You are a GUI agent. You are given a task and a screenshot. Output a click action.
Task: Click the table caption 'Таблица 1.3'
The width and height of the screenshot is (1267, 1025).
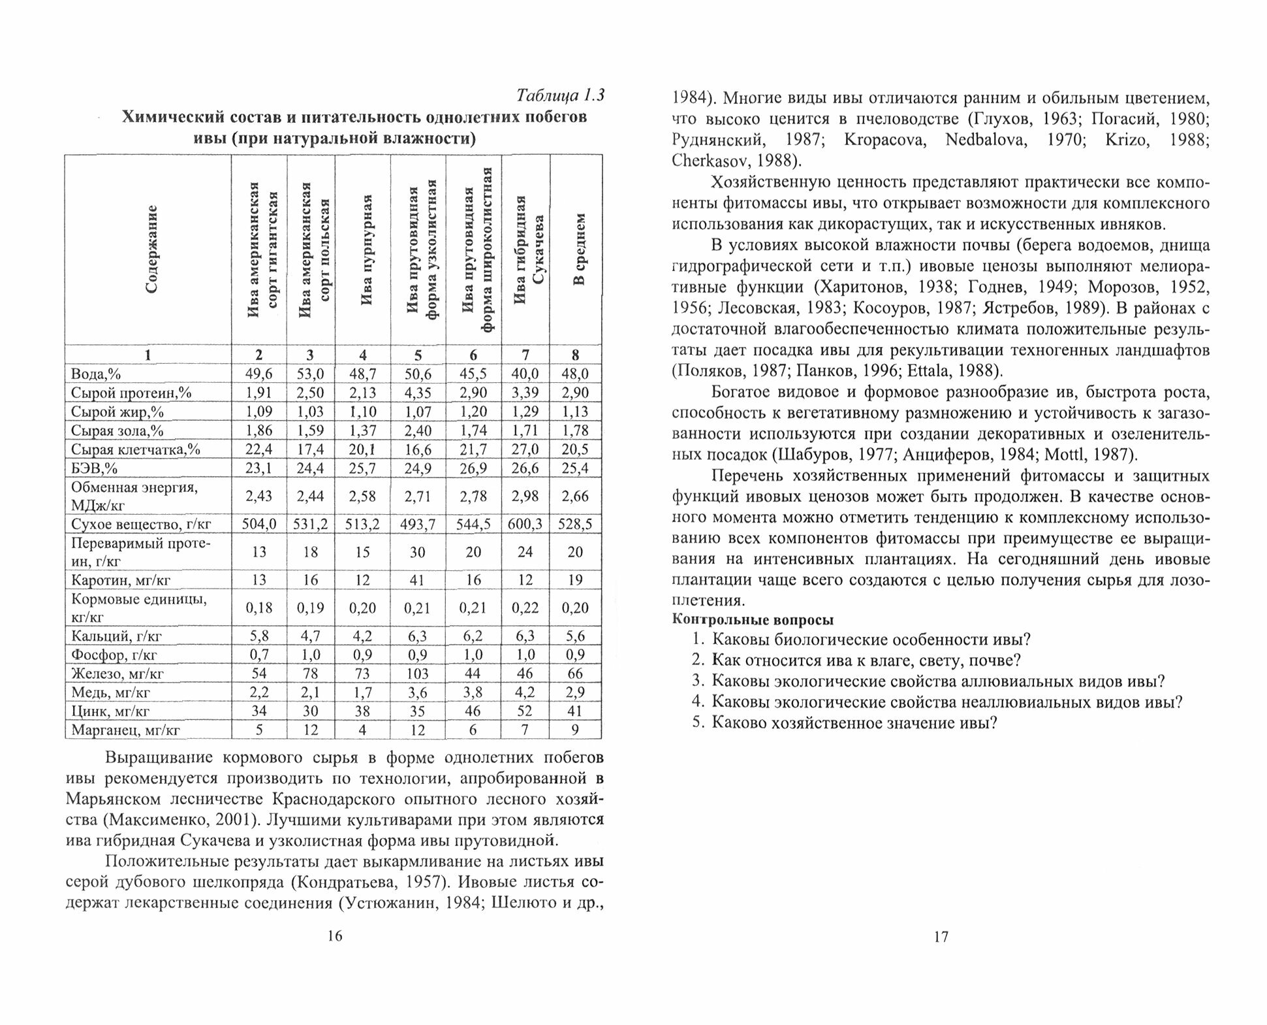(x=560, y=95)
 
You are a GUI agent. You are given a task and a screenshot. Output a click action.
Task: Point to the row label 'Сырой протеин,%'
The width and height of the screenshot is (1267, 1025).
(x=131, y=393)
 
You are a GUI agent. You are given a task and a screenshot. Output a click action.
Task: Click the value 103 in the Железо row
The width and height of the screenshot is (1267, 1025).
(x=417, y=674)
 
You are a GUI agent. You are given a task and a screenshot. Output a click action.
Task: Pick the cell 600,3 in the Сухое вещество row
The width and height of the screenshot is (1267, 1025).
(x=525, y=525)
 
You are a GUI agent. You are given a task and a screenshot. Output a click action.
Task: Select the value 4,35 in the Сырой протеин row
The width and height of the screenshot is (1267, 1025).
(x=417, y=393)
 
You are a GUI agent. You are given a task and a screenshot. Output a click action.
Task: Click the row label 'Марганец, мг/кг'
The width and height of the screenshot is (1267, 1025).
(x=125, y=730)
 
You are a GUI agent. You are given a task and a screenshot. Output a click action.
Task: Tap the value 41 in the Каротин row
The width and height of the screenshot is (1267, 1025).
(x=417, y=581)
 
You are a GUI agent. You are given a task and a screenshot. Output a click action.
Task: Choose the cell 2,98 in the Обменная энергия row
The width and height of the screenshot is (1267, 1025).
(x=525, y=496)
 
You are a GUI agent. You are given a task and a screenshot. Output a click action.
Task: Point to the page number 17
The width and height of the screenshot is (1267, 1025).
(x=941, y=937)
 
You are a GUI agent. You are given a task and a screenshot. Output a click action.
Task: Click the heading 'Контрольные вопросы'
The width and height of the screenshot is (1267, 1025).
(x=753, y=621)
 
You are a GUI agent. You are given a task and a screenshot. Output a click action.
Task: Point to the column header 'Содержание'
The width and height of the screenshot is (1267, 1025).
(x=151, y=250)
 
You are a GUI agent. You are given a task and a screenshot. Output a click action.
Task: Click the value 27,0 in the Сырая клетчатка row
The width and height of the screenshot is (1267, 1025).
(x=525, y=449)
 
